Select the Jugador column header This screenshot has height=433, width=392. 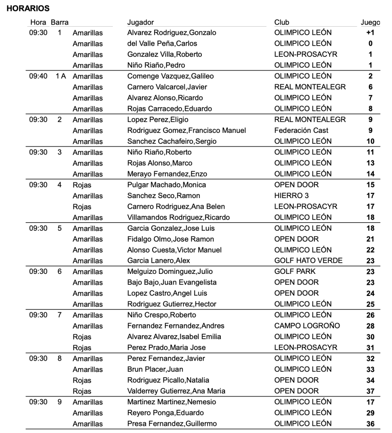(x=140, y=22)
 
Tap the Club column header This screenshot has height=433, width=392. (x=282, y=22)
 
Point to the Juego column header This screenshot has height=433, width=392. (x=370, y=23)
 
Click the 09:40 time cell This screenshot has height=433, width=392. (x=38, y=76)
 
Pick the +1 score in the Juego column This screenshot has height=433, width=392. (x=370, y=33)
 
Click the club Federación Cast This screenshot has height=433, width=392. (x=301, y=130)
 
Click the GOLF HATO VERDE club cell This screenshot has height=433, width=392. (x=308, y=261)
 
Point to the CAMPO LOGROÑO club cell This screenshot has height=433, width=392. (x=307, y=326)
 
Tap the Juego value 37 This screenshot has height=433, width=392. (x=370, y=391)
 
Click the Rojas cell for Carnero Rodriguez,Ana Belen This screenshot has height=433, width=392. (x=82, y=207)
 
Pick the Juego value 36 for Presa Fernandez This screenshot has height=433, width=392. (x=370, y=424)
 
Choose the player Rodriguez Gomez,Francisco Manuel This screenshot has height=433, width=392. (x=186, y=130)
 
